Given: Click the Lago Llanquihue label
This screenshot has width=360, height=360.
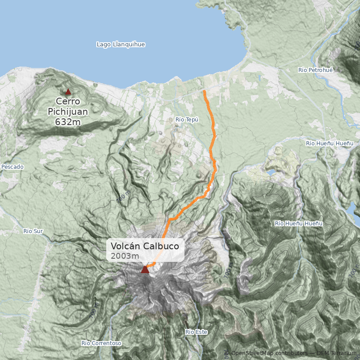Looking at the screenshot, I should pos(121,45).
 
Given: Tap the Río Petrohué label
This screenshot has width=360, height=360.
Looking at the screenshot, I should pos(315,70).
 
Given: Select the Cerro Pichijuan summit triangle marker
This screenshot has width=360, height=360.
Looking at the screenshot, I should pos(68,92).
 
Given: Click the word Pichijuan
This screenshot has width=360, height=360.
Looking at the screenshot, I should pos(68,112).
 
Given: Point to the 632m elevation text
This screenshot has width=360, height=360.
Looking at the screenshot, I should pos(68,121).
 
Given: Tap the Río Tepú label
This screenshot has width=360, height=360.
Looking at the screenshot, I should pos(187,120).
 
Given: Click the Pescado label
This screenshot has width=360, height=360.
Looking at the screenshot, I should pos(12,167).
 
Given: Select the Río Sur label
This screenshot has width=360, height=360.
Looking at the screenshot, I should pos(33,231).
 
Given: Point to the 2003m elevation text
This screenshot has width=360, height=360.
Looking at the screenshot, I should pos(125,256).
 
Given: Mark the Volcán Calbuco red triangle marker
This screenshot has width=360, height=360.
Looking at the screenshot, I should pos(145,269).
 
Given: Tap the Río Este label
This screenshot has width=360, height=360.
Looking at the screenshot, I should pos(196,332).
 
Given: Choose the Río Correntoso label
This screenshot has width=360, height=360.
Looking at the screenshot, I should pos(101,343).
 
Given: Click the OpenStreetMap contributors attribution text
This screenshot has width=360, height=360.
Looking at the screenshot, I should pos(268,353).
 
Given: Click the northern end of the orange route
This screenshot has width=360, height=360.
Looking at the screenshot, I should pos(204,91).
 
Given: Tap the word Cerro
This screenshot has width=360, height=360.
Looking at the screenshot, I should pos(68,102).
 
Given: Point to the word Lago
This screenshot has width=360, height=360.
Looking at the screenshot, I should pos(104,45).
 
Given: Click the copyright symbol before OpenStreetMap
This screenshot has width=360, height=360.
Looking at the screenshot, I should pos(226,353).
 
